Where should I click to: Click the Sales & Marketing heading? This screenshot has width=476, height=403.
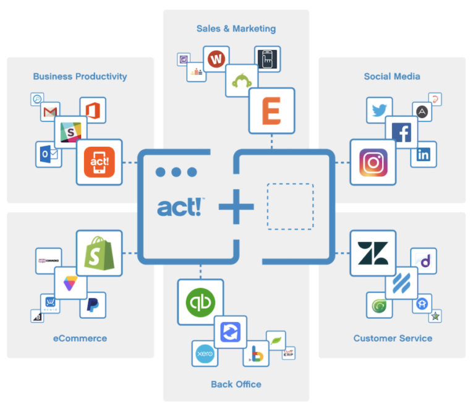(236, 28)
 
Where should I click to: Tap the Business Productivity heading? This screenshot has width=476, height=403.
(80, 77)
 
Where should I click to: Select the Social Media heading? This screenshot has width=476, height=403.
(392, 77)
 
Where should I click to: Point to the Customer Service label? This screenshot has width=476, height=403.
(393, 338)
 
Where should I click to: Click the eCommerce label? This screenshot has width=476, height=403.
(80, 338)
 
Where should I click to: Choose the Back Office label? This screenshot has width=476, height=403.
(236, 384)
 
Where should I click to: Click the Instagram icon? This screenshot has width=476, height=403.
(373, 163)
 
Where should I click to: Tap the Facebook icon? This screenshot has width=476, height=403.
(402, 132)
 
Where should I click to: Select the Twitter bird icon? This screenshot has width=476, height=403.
(379, 110)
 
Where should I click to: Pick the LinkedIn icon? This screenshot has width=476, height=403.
(423, 155)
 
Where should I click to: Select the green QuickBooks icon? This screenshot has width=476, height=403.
(200, 302)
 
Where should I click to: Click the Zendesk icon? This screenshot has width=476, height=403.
(373, 253)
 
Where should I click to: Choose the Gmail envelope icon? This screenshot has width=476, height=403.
(50, 112)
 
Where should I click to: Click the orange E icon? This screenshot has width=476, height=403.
(271, 111)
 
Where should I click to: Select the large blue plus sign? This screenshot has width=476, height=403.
(236, 205)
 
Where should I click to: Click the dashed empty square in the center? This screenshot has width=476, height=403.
(290, 206)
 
